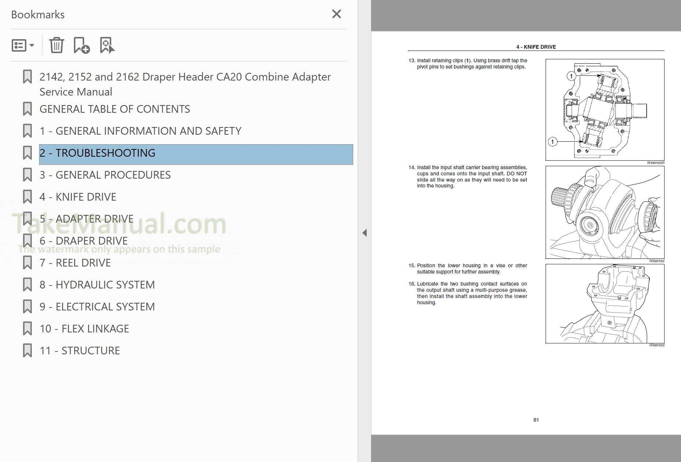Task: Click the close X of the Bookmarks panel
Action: pos(336,14)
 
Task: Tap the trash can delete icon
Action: pos(57,45)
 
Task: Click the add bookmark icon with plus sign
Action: pos(81,45)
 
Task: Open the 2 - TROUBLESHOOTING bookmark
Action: pos(97,153)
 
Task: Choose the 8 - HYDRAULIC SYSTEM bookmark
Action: pos(97,285)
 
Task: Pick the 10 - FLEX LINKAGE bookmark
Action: pos(84,329)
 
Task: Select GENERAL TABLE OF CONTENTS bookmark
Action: pos(115,109)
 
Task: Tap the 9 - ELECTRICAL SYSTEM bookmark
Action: pos(97,307)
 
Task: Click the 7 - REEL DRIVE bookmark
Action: pos(75,263)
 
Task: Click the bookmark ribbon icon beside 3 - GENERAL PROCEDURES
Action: pos(27,175)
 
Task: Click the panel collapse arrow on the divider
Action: pos(364,233)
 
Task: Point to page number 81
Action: pos(536,420)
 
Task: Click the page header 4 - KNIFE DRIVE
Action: pos(536,47)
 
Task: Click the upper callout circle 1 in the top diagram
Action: pos(571,76)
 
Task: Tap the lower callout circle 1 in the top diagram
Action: pos(553,142)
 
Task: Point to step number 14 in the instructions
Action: pos(412,168)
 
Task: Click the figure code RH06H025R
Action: pos(655,163)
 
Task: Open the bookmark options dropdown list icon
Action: pos(23,45)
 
